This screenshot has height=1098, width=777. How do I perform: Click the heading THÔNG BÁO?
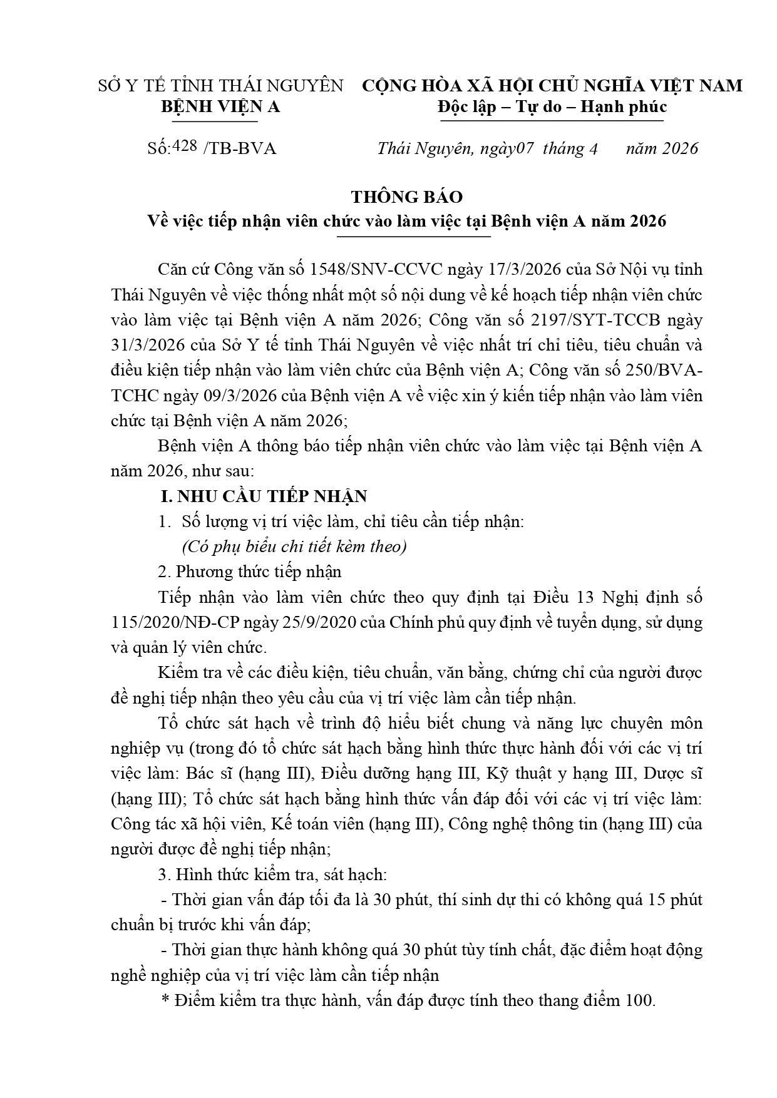pos(407,197)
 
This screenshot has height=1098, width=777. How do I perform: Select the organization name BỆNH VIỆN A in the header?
pos(220,107)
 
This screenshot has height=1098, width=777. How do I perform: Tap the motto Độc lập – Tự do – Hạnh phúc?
pos(552,107)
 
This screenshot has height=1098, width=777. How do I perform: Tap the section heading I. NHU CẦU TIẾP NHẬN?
pos(264,496)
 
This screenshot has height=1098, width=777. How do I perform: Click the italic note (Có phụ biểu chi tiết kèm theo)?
pos(294,546)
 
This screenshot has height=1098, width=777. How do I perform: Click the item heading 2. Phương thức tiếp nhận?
pos(250,572)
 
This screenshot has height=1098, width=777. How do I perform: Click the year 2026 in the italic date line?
pos(680,149)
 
